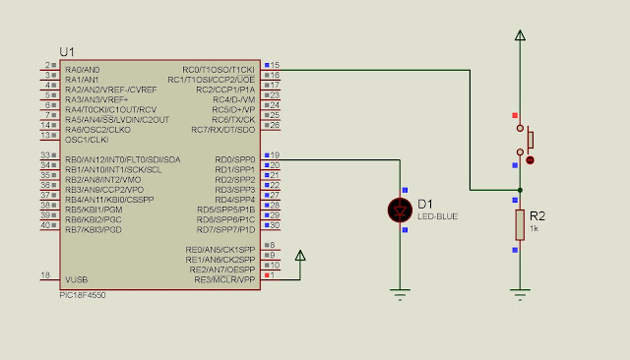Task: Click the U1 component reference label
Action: coord(67,51)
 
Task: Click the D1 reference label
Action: coord(426,204)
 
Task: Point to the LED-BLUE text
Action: coord(436,215)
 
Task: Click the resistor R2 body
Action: coord(519,223)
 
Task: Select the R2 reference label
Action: coord(537,214)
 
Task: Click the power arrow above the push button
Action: coord(519,36)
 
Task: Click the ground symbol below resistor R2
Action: coord(519,290)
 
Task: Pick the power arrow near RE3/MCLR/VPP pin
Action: coord(301,257)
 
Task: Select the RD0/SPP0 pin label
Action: coord(234,158)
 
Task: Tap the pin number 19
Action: coord(277,154)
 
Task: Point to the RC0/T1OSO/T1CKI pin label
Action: coord(219,70)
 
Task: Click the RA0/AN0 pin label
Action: coord(82,70)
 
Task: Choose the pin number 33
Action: coord(45,154)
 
